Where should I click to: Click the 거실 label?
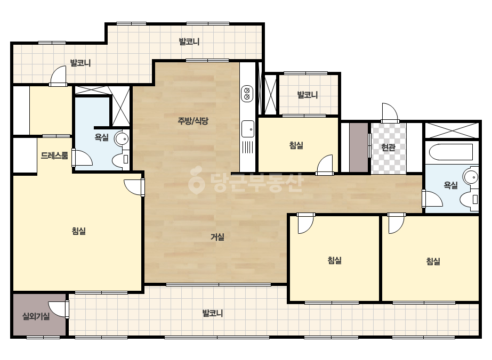[217, 237]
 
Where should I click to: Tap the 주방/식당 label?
[193, 121]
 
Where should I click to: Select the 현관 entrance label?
[388, 147]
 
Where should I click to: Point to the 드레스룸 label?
[54, 156]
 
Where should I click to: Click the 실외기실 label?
[36, 316]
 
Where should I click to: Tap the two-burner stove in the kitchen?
[247, 93]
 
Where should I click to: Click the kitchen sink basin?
[247, 128]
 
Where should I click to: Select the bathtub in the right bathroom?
[451, 152]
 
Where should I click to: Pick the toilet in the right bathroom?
[469, 199]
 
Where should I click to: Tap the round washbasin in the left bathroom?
[122, 138]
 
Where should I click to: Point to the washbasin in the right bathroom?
[471, 177]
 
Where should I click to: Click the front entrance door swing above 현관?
[390, 112]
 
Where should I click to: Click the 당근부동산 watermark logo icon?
[196, 180]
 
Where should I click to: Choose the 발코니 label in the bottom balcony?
[213, 313]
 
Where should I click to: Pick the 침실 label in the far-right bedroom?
[433, 261]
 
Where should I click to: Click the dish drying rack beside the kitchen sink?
[247, 147]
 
